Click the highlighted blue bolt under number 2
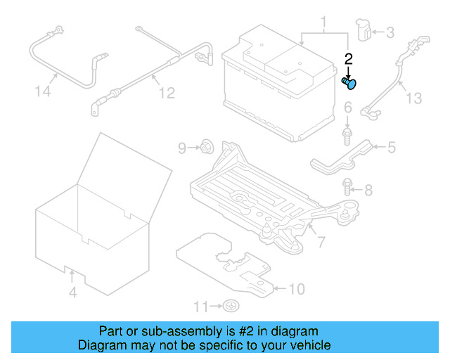coord(349,84)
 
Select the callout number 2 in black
coord(347,60)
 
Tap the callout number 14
coord(43,91)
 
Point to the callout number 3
coord(390,32)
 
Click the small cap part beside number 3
coord(365,30)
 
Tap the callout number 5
coord(392,147)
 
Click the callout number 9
coord(181,148)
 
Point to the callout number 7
coord(321,243)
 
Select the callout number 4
coord(72,292)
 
